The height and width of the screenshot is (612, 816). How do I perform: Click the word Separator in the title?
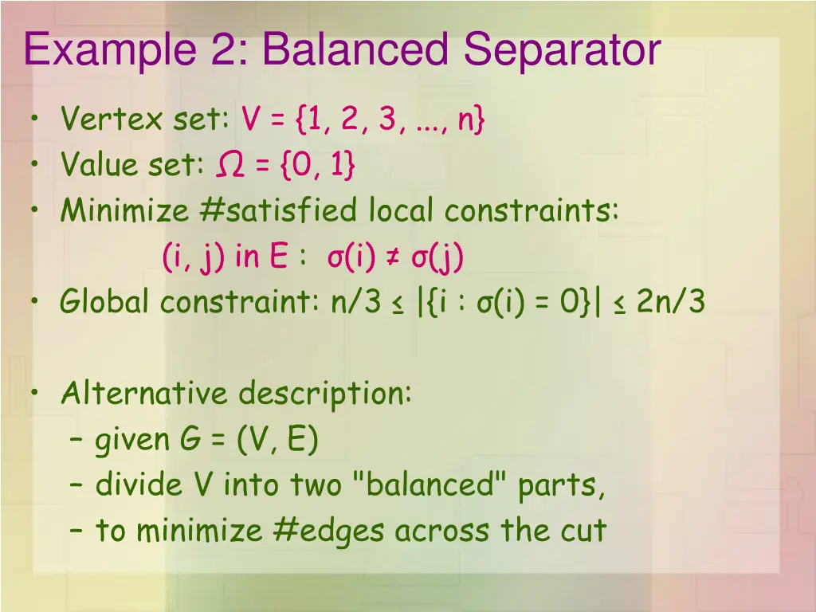[563, 49]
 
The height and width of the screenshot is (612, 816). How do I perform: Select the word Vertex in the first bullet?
[112, 121]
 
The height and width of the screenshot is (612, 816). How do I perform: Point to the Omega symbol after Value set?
[230, 166]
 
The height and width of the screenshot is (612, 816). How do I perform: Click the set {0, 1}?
[316, 166]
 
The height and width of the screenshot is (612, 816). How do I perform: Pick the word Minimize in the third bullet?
[124, 211]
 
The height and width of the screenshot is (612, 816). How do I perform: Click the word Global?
[105, 303]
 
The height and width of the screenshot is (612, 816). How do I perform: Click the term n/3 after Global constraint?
[356, 303]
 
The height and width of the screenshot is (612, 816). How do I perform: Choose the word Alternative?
[144, 394]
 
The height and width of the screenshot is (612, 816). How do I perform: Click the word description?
[325, 394]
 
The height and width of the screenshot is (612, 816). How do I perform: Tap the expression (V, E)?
[277, 439]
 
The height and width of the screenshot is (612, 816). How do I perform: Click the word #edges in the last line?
[335, 531]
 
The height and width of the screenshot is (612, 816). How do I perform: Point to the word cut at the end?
[586, 531]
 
